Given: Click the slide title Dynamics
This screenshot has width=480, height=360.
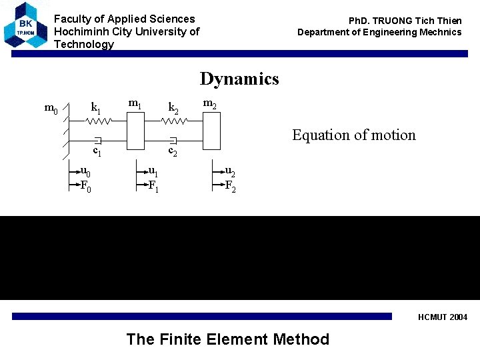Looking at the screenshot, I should (239, 79).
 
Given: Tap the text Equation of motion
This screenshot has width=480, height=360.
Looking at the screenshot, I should (353, 135).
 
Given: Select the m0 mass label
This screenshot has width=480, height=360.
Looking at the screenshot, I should (51, 108).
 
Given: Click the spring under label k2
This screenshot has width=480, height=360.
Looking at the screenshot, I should (174, 121).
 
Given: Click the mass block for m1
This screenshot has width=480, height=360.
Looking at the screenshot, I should (135, 131).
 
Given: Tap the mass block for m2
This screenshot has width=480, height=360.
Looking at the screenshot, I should (211, 131).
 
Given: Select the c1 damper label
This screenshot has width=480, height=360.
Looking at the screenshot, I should (97, 152).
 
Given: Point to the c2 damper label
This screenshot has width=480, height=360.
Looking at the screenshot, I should (173, 152).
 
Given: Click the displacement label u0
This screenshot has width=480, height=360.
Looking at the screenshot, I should (85, 172).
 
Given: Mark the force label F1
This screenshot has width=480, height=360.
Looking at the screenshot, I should (153, 187).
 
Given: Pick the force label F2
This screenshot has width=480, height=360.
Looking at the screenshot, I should (230, 187).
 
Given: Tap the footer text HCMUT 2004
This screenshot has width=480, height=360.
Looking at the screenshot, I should (443, 317).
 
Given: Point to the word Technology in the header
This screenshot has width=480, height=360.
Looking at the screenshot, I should (83, 44).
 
